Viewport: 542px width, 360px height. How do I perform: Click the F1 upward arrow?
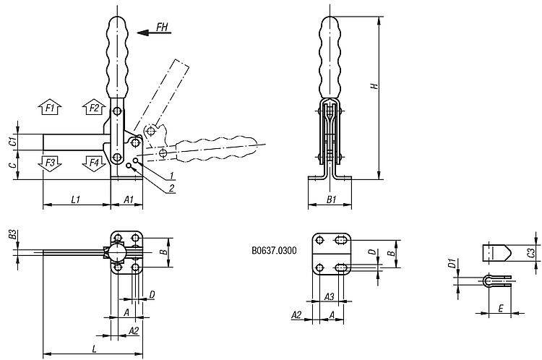click(50, 108)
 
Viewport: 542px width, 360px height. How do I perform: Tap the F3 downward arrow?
click(50, 161)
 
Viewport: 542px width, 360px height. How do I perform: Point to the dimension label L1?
click(77, 198)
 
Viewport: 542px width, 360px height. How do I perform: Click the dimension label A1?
click(127, 198)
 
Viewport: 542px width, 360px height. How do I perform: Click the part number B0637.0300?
click(271, 252)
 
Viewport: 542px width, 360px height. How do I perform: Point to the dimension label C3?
click(532, 252)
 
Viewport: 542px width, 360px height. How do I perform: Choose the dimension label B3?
click(12, 234)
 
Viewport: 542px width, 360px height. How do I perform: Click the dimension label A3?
click(329, 296)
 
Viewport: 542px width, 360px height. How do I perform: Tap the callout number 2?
click(172, 188)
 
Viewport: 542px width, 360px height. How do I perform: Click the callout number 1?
click(172, 176)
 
